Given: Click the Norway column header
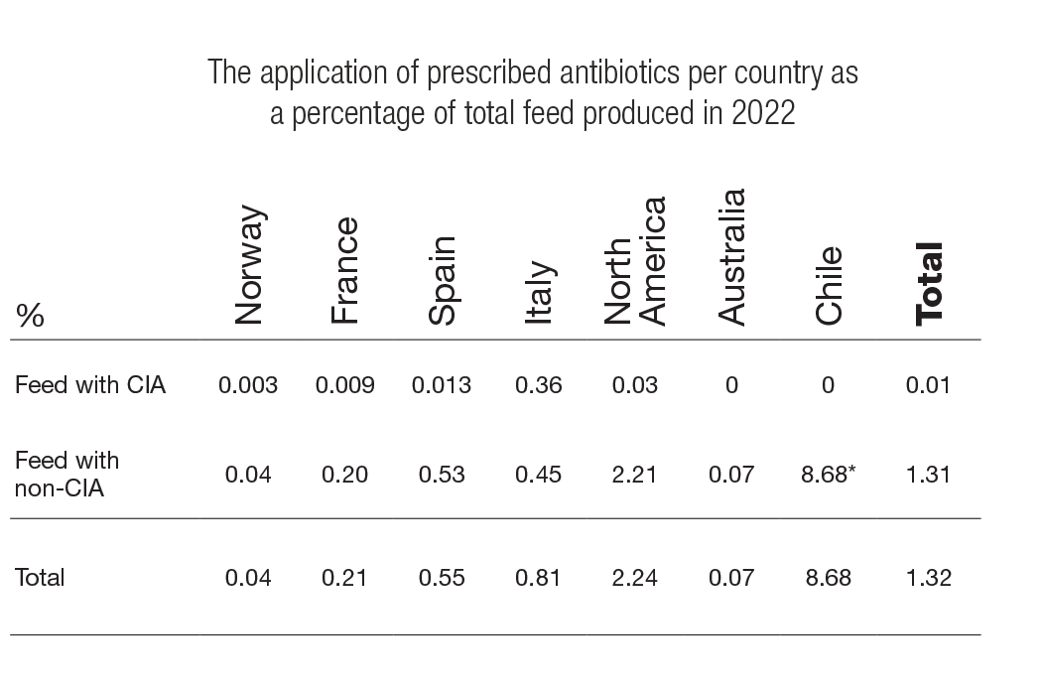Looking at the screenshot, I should pos(249,266).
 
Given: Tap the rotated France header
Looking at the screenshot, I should pos(344,271).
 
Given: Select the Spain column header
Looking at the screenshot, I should pos(442,281).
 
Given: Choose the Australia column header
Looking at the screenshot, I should pos(731,258).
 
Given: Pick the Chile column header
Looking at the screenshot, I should pos(828,286).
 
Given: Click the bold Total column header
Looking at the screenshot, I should pos(928,284).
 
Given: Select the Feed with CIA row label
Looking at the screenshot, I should pos(90,385).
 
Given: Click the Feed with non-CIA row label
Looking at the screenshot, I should pos(67,474).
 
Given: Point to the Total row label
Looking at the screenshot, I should pos(40,577).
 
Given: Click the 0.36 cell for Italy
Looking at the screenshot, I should pos(539,385).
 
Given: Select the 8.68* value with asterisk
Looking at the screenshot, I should pos(828,475).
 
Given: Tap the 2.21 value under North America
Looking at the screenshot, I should pos(635,475).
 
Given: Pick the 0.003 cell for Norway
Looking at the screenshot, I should pos(248,385).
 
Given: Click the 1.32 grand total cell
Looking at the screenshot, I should pos(928,577).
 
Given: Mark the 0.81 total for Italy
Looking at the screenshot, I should pos(539,577).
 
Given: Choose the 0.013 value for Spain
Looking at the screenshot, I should pos(442,385).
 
